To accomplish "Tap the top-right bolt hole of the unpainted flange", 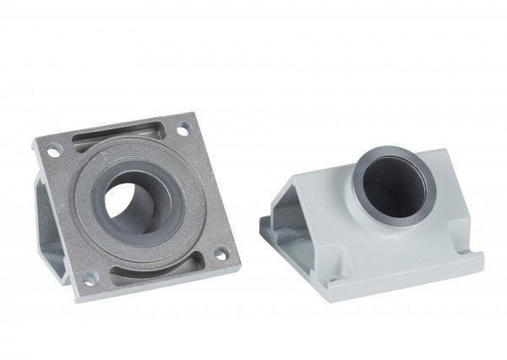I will (x=183, y=131).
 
